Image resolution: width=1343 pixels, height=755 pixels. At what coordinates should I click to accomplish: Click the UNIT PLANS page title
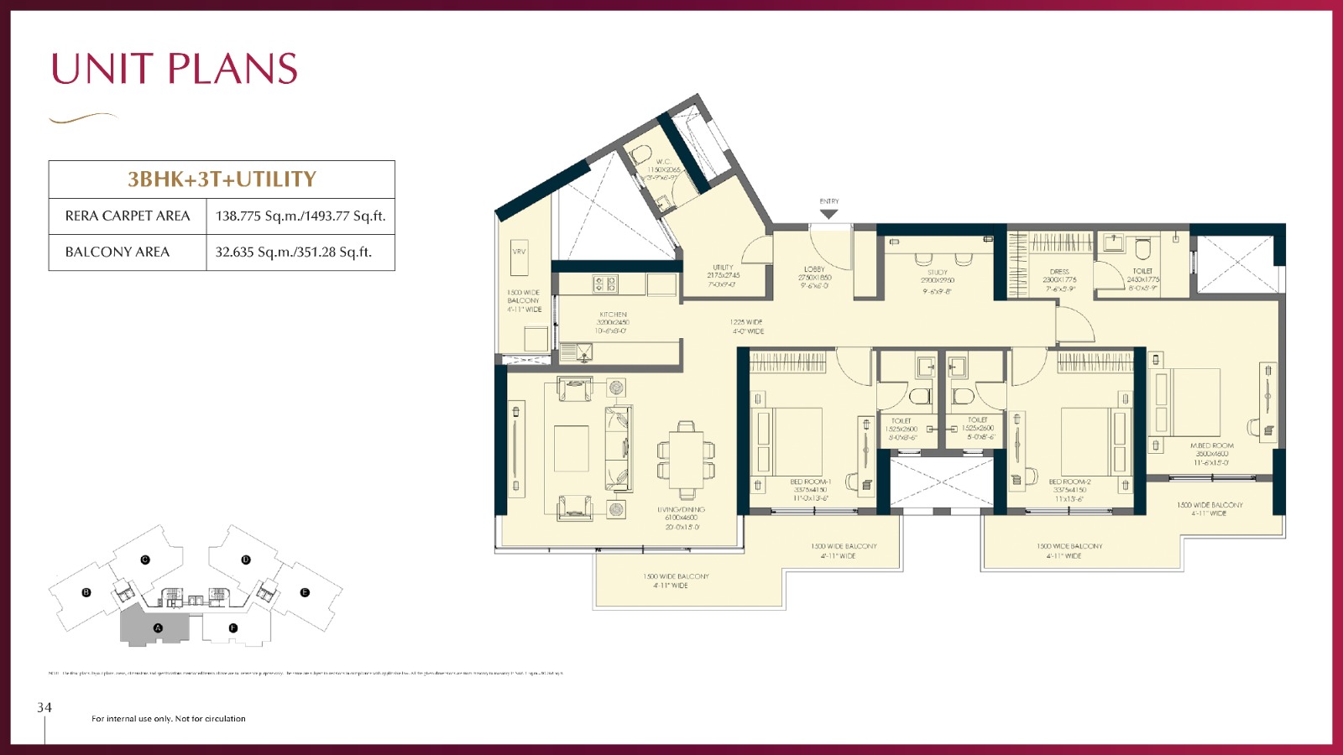175,69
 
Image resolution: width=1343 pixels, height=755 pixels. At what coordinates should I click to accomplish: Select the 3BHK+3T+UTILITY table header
222,179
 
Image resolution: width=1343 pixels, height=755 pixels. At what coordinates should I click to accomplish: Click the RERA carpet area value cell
300,216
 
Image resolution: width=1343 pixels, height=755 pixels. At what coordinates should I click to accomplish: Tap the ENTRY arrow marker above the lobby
828,214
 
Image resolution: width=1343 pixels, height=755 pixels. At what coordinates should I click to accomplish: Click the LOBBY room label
814,270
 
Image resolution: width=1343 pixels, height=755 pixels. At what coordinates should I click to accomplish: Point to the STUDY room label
938,273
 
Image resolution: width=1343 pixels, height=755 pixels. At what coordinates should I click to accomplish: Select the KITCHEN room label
613,315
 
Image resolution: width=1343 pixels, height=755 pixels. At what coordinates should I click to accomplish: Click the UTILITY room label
723,268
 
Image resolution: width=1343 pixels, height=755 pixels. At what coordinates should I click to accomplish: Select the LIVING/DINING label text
681,510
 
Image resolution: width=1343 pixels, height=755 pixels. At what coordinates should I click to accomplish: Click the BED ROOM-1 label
810,482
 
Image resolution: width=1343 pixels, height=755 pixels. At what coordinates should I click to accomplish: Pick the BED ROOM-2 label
1069,482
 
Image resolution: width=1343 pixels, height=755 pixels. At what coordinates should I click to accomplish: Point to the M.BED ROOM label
1211,446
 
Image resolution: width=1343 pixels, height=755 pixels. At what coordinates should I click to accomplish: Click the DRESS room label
1059,272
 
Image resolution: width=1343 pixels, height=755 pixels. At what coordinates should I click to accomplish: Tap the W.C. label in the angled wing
663,162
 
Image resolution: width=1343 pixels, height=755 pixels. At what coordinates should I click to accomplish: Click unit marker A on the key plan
158,627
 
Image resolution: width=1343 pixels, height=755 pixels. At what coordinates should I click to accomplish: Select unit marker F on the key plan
233,627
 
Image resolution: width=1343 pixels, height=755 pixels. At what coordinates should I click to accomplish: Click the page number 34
44,708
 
